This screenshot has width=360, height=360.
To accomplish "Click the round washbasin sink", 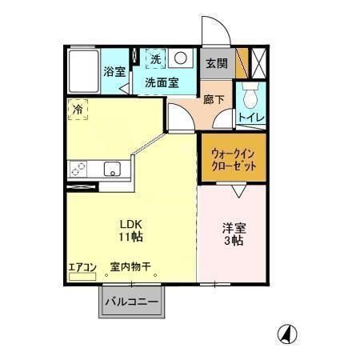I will (181, 59).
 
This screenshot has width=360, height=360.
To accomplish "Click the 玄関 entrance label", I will (216, 63).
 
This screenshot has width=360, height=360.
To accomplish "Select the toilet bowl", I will (251, 98).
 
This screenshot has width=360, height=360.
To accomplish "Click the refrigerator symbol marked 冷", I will (78, 109).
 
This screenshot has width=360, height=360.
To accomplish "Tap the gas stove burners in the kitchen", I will (80, 169).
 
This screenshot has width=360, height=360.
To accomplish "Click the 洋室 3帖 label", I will (234, 234).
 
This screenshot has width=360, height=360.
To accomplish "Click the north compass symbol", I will (285, 333).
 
